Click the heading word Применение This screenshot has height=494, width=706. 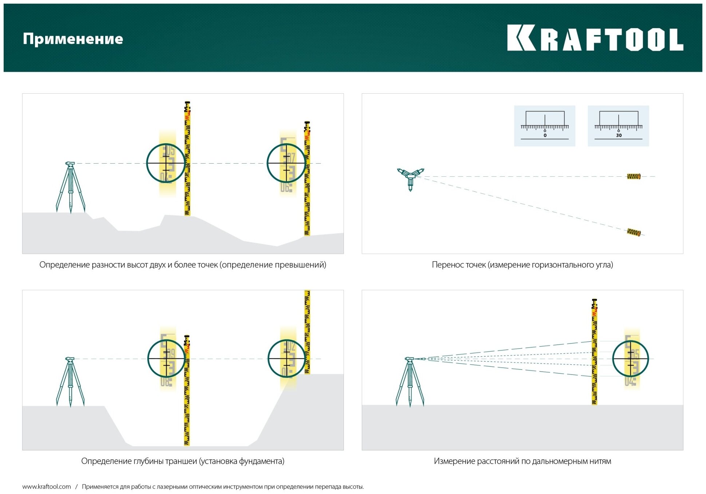[73, 39]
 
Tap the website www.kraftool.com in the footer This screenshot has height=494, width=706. [47, 487]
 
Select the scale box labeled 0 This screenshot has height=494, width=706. [544, 126]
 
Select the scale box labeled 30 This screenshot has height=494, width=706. [618, 126]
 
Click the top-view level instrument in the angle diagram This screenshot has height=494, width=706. [410, 177]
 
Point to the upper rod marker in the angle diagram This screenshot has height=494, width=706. [634, 177]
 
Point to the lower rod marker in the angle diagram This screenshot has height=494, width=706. [634, 232]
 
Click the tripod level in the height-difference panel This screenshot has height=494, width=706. [70, 186]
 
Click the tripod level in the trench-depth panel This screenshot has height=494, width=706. [70, 381]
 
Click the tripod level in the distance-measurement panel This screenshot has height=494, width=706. [410, 381]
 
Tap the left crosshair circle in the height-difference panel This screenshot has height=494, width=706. [166, 163]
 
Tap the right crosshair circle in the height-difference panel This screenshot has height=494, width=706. [286, 163]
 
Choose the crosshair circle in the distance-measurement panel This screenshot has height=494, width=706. [630, 359]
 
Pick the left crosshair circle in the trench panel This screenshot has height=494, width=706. [167, 358]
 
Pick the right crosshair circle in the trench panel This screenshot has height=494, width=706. [287, 358]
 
